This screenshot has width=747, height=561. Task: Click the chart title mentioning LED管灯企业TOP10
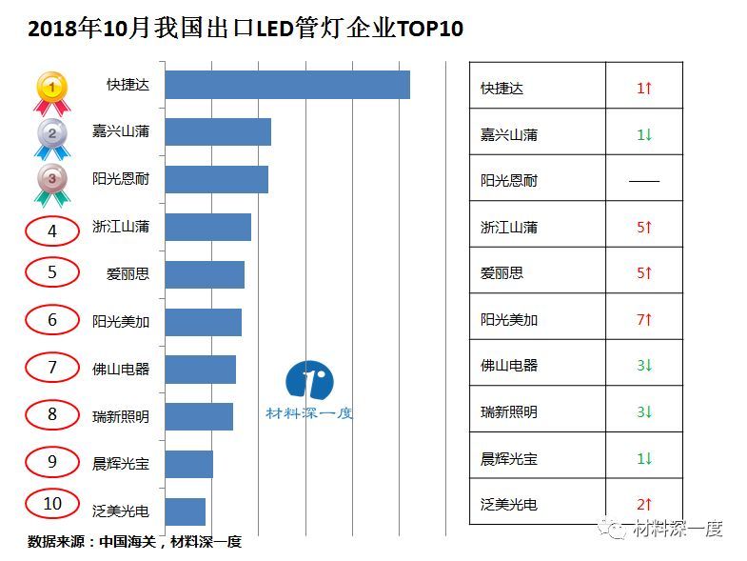(246, 29)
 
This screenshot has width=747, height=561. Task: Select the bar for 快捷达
(287, 85)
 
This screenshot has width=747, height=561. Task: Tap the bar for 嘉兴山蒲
(218, 132)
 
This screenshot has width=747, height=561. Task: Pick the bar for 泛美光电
(186, 511)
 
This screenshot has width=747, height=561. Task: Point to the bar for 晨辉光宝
(189, 464)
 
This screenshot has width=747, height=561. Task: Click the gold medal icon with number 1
(51, 90)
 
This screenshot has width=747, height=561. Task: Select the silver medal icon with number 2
(51, 136)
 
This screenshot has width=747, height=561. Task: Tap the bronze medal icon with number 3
(51, 182)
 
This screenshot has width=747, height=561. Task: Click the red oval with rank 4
(52, 230)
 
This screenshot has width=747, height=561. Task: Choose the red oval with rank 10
(52, 504)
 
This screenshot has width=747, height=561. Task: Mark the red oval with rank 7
(52, 367)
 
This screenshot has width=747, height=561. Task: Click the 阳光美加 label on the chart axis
(121, 322)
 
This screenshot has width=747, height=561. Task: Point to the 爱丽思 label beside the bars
(128, 274)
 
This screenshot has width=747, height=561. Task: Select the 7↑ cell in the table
(644, 319)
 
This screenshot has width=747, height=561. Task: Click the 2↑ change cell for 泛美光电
(644, 504)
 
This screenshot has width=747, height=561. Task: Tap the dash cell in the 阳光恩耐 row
(644, 180)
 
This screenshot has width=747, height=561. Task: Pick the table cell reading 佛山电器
(509, 365)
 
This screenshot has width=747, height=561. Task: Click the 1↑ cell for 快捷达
(644, 88)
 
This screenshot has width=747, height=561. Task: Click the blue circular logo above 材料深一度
(309, 380)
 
